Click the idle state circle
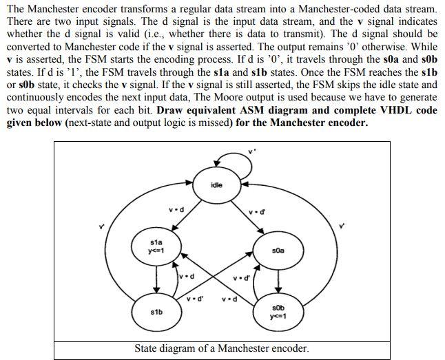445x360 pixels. (x=217, y=186)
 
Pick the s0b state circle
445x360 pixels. (x=278, y=312)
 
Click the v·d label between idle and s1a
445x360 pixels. (x=175, y=209)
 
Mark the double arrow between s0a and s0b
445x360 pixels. (x=278, y=281)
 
